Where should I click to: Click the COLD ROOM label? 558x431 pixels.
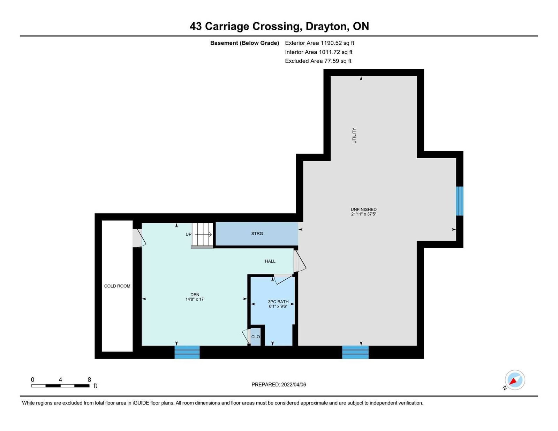(117, 286)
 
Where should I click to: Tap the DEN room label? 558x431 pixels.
(195, 295)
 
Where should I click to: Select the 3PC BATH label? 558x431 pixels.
(278, 302)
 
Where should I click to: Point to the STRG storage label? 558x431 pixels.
(257, 234)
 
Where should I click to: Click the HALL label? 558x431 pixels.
(270, 261)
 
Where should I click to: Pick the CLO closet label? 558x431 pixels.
(256, 337)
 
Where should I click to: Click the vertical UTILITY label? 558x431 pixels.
(354, 136)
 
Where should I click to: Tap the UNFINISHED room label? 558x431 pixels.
(364, 210)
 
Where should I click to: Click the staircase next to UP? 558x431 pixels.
(202, 235)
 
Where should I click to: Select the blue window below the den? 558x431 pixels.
(187, 352)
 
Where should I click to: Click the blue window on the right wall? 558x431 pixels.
(459, 201)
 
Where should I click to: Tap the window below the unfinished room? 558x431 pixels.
(355, 352)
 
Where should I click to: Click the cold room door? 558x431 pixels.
(139, 238)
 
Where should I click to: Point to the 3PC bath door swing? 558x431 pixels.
(284, 279)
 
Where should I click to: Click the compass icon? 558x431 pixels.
(515, 380)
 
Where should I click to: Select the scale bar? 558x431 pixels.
(61, 386)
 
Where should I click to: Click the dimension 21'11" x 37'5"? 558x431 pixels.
(364, 214)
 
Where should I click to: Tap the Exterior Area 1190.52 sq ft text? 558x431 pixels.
(319, 43)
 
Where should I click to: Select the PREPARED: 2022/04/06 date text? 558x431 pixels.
(279, 385)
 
